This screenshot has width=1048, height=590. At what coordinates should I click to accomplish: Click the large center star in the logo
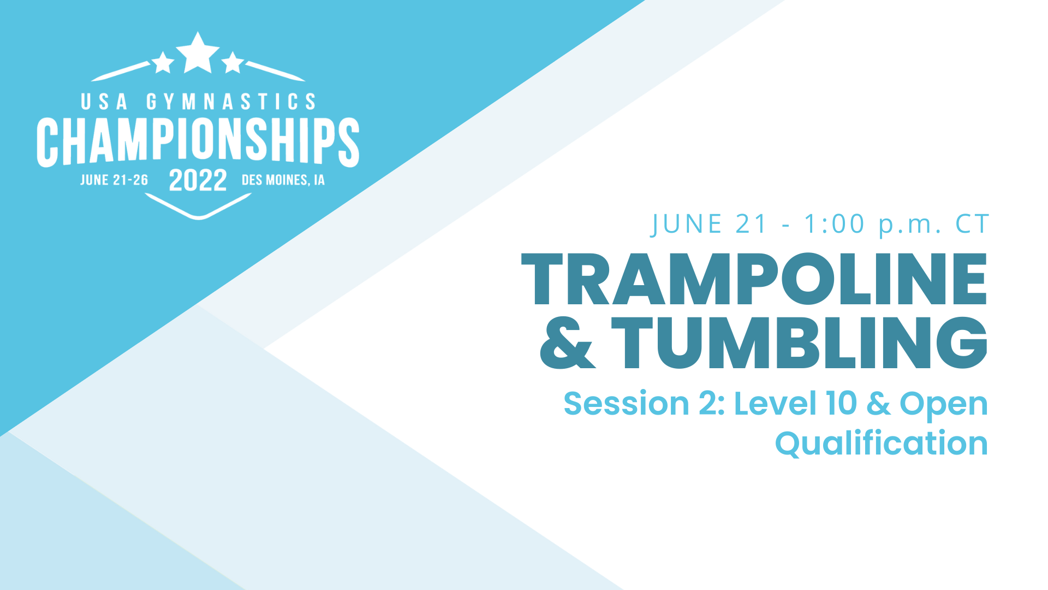click(198, 54)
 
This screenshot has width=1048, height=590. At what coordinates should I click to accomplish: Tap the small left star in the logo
click(163, 63)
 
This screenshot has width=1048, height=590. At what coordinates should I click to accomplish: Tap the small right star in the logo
click(233, 63)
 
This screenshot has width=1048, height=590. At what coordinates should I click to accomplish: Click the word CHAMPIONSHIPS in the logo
click(198, 141)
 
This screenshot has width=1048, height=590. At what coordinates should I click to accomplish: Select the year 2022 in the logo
click(198, 180)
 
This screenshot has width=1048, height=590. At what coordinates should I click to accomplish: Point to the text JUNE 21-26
click(114, 180)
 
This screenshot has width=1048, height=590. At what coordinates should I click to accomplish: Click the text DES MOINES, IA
click(283, 180)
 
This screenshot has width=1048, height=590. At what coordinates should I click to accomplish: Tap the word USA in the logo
click(104, 102)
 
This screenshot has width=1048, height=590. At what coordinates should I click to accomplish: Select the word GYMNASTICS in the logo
click(231, 102)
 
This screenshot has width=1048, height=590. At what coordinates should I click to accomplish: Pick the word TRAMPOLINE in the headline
click(754, 280)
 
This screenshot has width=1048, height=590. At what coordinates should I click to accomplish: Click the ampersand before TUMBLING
click(567, 344)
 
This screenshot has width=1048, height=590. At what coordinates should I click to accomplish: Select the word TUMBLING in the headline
click(799, 343)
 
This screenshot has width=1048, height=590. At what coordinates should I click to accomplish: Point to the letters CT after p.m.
click(972, 224)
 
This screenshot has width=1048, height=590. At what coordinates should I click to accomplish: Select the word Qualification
click(881, 443)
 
